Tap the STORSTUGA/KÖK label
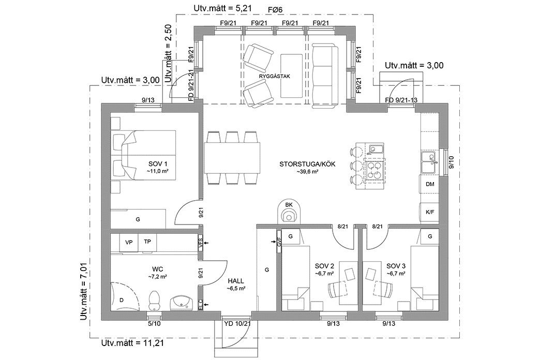(307, 164)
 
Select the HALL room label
(235, 281)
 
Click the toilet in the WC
(154, 299)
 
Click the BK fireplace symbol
(288, 212)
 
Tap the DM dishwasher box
(429, 184)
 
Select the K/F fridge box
(429, 212)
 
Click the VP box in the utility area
(129, 242)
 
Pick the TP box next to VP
(147, 242)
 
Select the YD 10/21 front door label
(237, 324)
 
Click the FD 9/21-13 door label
(401, 100)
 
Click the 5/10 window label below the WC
(154, 323)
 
